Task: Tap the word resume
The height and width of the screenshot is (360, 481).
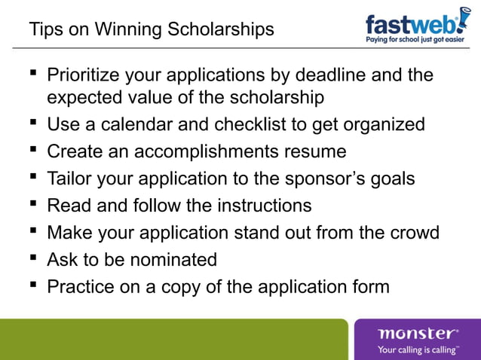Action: (x=313, y=151)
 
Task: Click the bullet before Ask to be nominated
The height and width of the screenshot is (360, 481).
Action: (x=33, y=259)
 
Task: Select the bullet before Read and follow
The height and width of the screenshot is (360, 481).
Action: (x=33, y=205)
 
